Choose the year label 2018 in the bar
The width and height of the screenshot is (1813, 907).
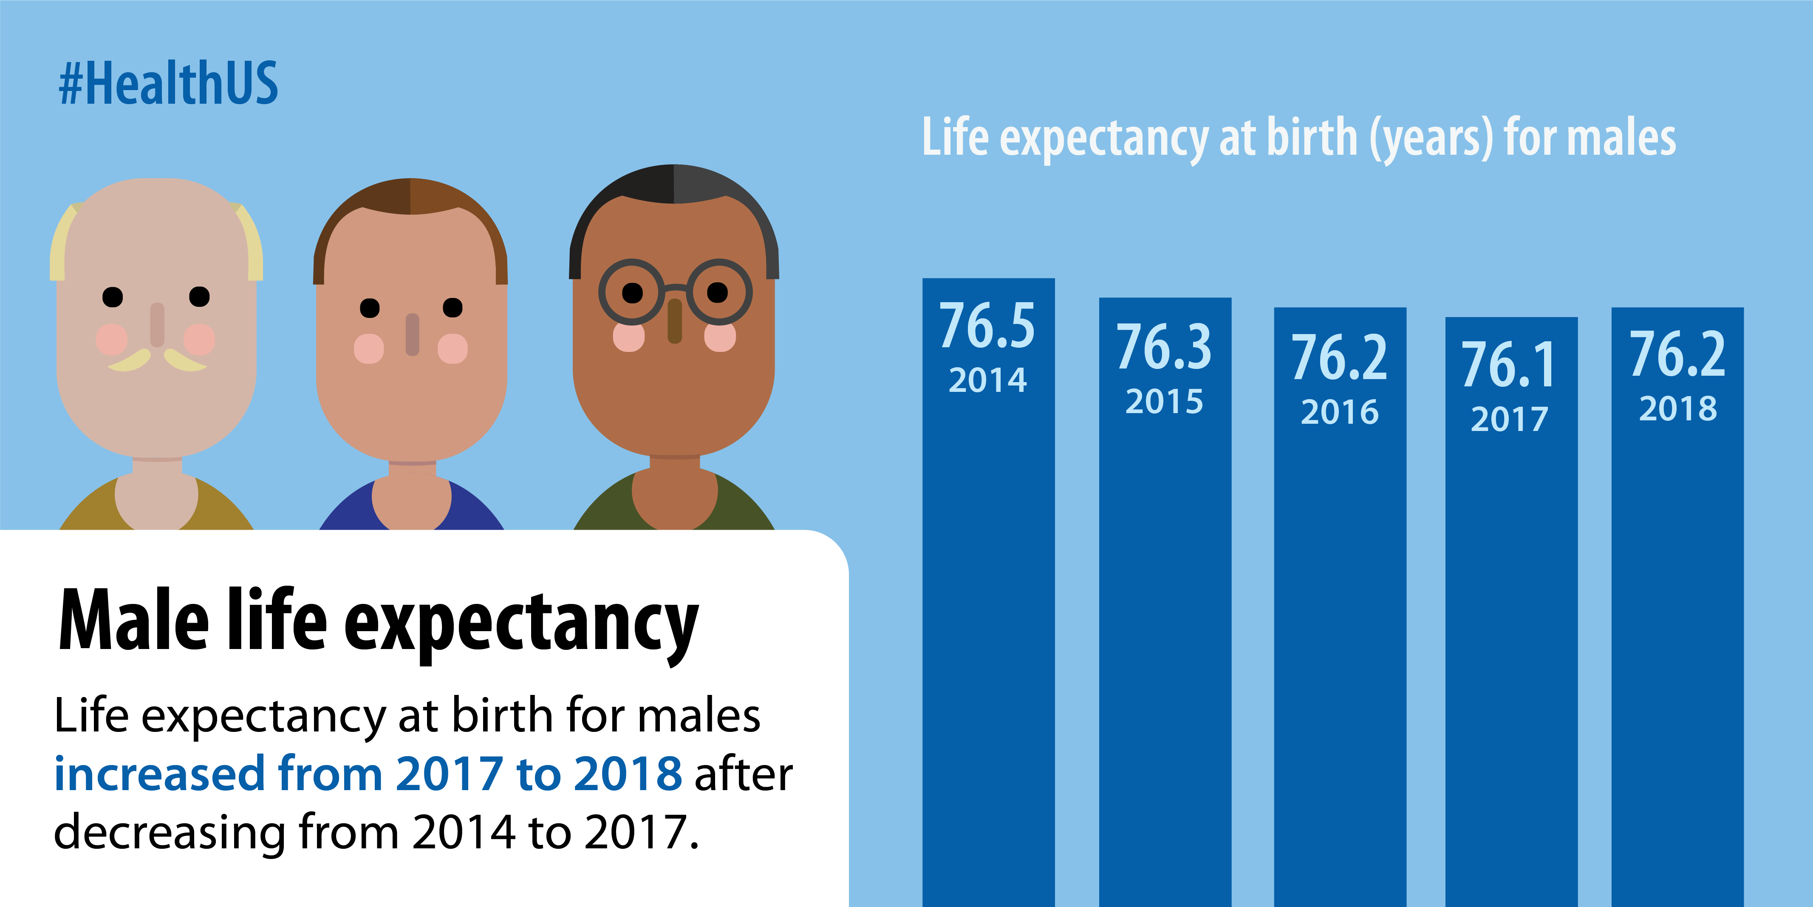point(1678,408)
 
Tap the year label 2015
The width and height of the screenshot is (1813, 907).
point(1164,401)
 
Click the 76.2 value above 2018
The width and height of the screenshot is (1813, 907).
point(1678,354)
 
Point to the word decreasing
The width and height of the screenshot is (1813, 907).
point(169,832)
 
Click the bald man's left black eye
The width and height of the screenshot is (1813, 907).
point(113,297)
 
